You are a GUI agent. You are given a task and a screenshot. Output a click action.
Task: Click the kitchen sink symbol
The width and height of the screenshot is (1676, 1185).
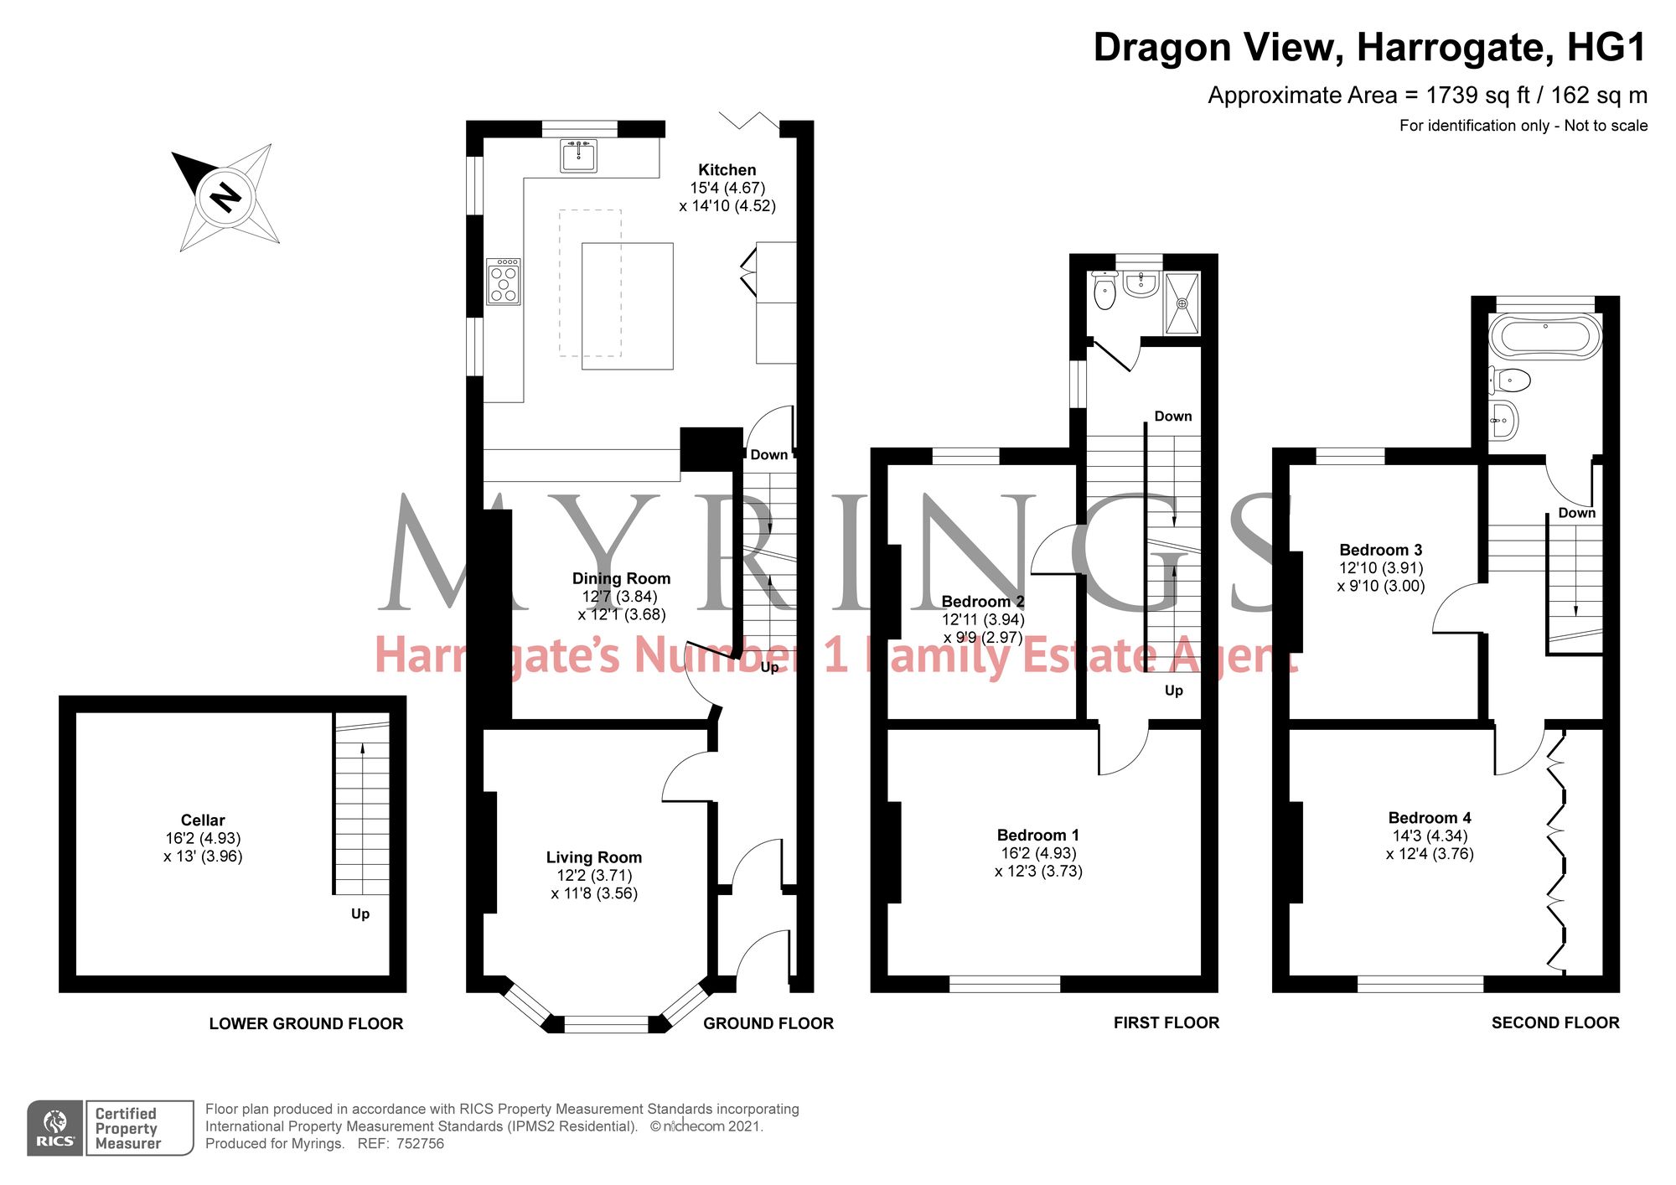pos(578,156)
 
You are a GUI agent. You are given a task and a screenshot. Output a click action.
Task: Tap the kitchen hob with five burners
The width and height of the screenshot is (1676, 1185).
pos(504,281)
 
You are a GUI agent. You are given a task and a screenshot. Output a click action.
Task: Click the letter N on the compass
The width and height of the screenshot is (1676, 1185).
pos(225,197)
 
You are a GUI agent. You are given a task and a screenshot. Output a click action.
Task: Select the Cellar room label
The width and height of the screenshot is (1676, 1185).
pos(203,820)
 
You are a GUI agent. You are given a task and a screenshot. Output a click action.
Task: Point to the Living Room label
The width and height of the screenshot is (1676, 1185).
pos(594,857)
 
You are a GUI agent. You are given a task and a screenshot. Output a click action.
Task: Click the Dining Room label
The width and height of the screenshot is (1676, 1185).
pos(621,578)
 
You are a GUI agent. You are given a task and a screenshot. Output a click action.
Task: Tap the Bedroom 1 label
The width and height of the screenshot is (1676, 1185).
pos(1038,835)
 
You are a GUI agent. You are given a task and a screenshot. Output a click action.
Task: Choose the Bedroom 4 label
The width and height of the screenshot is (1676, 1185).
pos(1430,817)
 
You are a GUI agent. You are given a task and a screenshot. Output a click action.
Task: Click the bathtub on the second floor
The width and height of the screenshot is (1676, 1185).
pos(1545,336)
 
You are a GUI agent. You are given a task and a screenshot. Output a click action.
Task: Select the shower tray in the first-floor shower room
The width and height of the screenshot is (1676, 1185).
pos(1182,303)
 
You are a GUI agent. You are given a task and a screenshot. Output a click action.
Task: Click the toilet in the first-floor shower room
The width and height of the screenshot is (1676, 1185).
pos(1105,290)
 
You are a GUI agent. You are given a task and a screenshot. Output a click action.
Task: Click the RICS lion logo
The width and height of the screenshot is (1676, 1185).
pos(55,1128)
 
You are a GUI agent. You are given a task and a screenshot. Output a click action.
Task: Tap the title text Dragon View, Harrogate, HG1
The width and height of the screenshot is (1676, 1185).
pos(1370,47)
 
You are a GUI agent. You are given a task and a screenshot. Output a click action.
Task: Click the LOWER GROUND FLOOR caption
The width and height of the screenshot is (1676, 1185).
pos(306,1023)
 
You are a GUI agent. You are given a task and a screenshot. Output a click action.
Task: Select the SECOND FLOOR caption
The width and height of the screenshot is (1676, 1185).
pos(1555,1022)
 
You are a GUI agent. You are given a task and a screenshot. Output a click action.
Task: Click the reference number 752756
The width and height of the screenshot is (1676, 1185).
pos(420,1143)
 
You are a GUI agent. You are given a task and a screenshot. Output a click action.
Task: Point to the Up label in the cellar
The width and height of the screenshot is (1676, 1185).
pos(360,913)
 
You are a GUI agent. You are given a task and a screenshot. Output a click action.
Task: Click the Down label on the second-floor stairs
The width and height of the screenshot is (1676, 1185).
pos(1576,512)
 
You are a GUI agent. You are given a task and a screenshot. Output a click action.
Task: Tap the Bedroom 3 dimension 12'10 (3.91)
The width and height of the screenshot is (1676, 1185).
pos(1380,567)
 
